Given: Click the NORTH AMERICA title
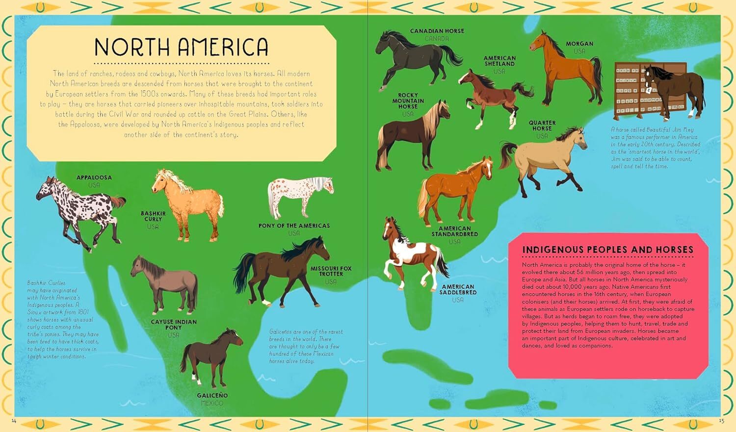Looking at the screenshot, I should [181, 47].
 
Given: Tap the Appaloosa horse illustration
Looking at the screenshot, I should [79, 211].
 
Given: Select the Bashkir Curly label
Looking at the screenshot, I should [153, 216].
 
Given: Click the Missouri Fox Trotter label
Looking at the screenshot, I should [331, 271].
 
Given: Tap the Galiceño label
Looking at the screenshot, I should [212, 395].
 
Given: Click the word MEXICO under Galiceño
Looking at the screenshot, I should [212, 403].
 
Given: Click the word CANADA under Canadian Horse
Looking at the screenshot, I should [437, 38].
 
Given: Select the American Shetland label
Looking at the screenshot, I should [499, 61].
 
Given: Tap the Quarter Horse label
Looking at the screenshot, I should [542, 126].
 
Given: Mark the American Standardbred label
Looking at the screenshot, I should [454, 231].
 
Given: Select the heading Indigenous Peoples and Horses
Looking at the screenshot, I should [607, 250].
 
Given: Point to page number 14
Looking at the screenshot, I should [14, 421].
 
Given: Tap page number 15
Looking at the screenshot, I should [721, 421].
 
